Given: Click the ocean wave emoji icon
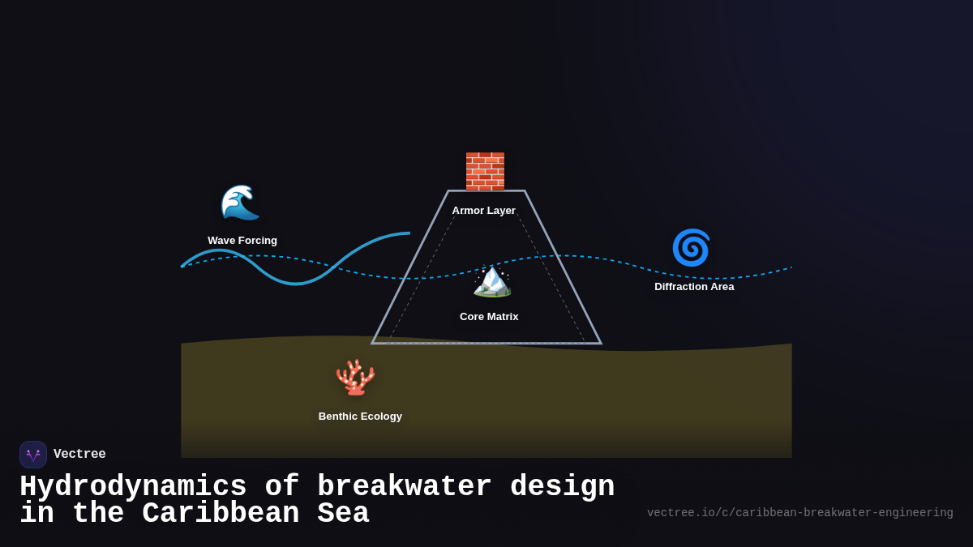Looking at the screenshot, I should click(x=240, y=203).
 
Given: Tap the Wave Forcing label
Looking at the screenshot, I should click(x=242, y=241).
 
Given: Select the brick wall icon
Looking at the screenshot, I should click(x=485, y=171).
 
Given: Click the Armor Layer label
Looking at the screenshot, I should click(x=484, y=211).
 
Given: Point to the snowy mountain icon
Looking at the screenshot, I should click(x=491, y=280).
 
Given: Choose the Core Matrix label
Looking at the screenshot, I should click(x=489, y=317).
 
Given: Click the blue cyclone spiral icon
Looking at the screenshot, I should click(x=691, y=248).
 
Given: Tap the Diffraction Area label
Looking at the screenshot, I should click(x=694, y=287).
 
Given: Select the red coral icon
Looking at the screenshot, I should click(x=355, y=378).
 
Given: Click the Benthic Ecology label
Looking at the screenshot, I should click(x=360, y=417).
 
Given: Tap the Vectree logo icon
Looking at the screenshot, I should click(x=33, y=455).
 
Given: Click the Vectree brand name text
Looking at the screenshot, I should click(x=79, y=455).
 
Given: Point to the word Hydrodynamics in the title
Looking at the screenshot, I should click(x=133, y=487).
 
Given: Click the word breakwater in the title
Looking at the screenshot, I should click(x=405, y=487).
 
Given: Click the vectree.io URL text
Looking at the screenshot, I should click(x=799, y=513).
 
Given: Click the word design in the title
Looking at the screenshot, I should click(x=563, y=487).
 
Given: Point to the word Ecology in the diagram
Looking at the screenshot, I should click(x=380, y=417).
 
